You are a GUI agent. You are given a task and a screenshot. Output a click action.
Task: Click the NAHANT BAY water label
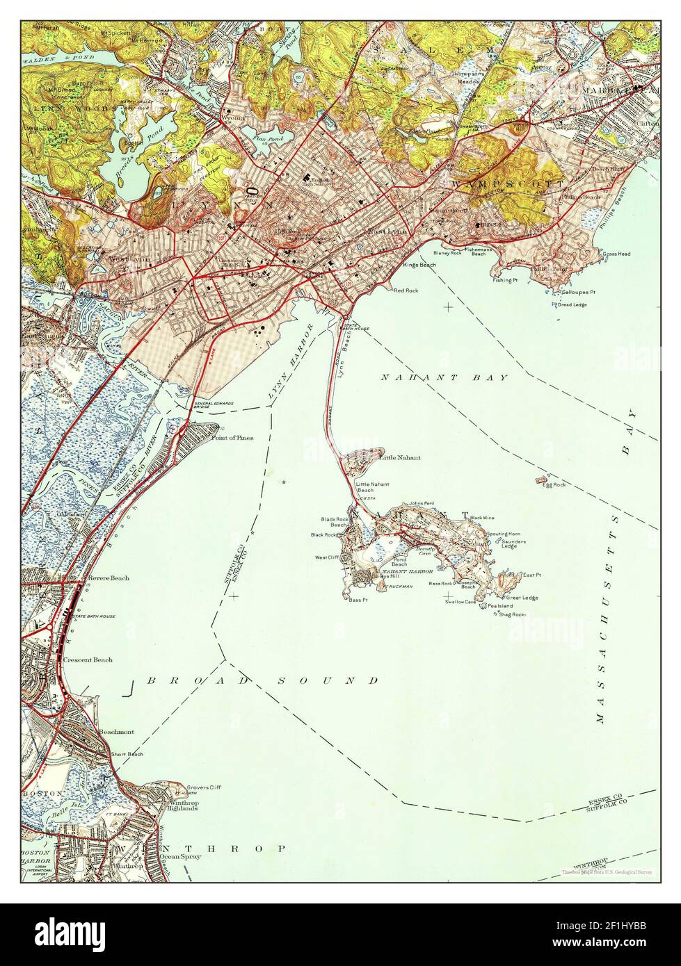pyautogui.click(x=444, y=377)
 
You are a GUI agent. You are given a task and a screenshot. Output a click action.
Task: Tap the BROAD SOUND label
pyautogui.click(x=263, y=680)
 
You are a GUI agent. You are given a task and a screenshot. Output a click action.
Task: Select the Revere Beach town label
pyautogui.click(x=108, y=578)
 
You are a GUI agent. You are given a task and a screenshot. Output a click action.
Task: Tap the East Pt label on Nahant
pyautogui.click(x=532, y=575)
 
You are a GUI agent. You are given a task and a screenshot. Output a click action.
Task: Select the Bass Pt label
pyautogui.click(x=358, y=600)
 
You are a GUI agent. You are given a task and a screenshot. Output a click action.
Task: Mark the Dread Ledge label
pyautogui.click(x=572, y=304)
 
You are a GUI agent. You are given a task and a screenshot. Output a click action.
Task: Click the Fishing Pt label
pyautogui.click(x=506, y=281)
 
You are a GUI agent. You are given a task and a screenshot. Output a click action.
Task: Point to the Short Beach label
pyautogui.click(x=127, y=754)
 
